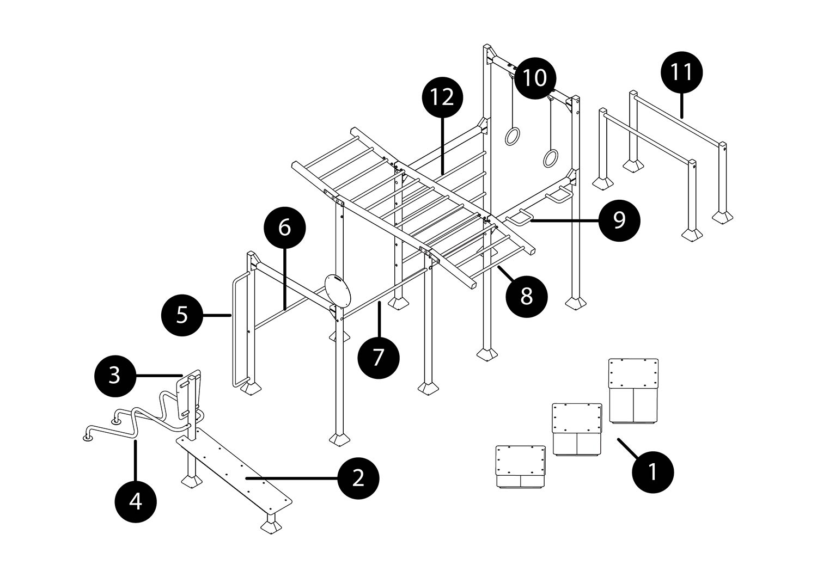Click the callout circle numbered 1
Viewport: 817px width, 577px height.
click(x=653, y=472)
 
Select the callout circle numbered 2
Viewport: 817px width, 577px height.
click(x=358, y=478)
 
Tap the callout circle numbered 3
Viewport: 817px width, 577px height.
click(x=114, y=375)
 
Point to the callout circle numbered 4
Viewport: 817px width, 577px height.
click(x=136, y=501)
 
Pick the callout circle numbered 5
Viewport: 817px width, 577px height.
click(x=182, y=315)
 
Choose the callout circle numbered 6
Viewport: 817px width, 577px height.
click(x=284, y=227)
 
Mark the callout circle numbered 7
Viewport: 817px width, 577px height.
click(x=378, y=358)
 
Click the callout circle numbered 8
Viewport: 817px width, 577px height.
click(x=526, y=297)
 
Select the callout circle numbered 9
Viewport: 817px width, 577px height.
click(x=619, y=220)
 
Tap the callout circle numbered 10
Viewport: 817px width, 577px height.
click(x=535, y=78)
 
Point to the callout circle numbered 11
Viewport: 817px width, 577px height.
click(x=681, y=72)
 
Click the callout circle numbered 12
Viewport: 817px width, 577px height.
click(x=442, y=97)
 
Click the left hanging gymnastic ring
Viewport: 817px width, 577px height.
click(x=512, y=136)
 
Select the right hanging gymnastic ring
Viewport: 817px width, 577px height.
click(x=550, y=158)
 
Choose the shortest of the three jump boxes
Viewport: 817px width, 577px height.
click(x=520, y=466)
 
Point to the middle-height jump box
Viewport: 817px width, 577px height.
click(x=577, y=429)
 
